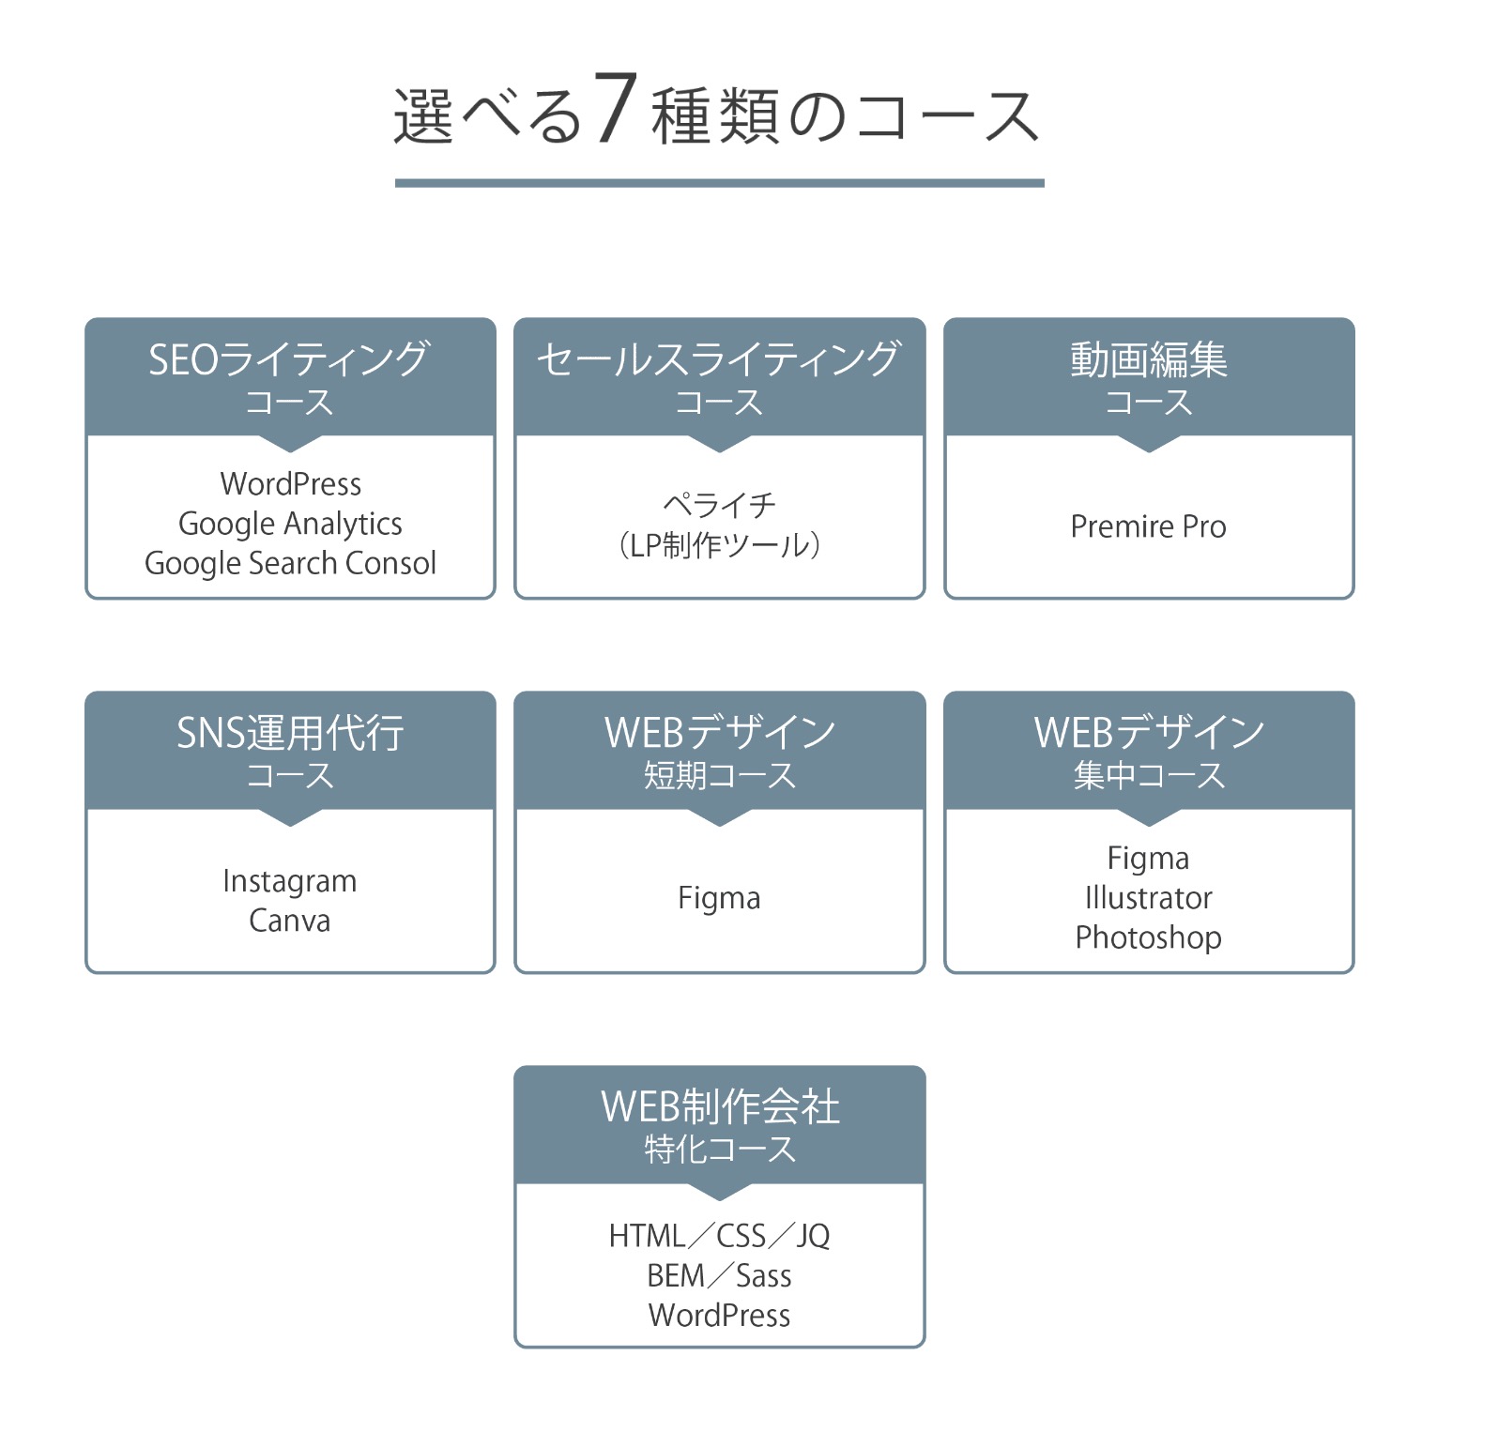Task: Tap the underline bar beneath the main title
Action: [x=719, y=182]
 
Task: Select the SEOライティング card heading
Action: [x=289, y=359]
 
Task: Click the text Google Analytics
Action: [x=290, y=524]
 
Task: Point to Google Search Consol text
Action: [x=290, y=563]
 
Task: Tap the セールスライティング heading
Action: [x=719, y=359]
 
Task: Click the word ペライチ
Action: [x=719, y=505]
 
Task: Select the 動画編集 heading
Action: [x=1149, y=359]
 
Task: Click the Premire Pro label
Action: [x=1149, y=526]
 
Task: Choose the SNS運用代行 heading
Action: [x=290, y=733]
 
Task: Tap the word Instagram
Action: [x=290, y=881]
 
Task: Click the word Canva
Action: [x=290, y=921]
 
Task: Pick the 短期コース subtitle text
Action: [x=719, y=776]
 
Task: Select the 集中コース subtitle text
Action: [x=1149, y=776]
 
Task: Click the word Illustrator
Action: [x=1149, y=898]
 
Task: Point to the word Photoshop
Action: [x=1149, y=937]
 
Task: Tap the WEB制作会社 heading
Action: [x=720, y=1107]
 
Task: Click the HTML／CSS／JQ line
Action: [x=720, y=1236]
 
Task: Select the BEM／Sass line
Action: [x=720, y=1275]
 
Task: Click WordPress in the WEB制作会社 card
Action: [x=720, y=1315]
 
